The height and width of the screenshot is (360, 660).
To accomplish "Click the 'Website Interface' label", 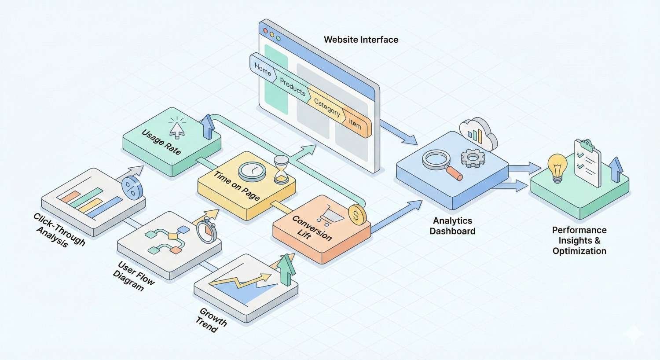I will click(361, 40).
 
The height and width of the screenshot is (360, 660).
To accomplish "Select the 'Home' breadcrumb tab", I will click(263, 69).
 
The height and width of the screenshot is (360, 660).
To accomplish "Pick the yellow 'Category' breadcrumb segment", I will click(327, 107).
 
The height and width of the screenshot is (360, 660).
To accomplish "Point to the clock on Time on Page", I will click(252, 171).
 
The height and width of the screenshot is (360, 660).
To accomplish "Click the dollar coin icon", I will click(357, 215).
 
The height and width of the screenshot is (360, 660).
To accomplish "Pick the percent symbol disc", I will click(132, 187).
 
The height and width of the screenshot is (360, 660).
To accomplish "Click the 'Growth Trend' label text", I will click(211, 320).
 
